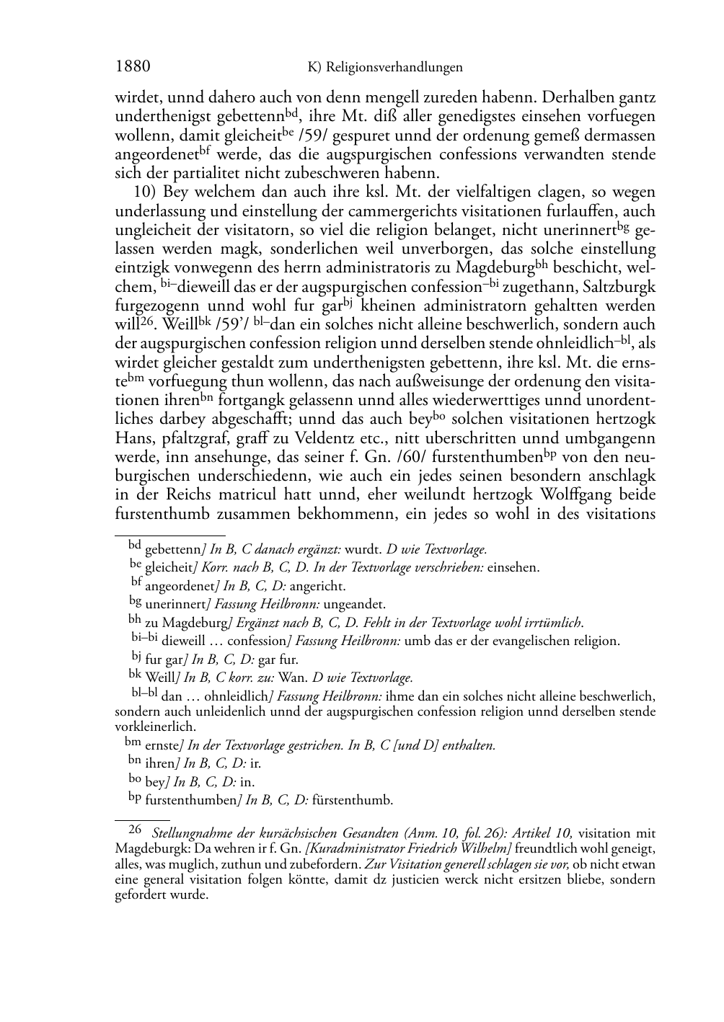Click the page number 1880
pyautogui.click(x=133, y=67)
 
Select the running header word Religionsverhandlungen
pyautogui.click(x=394, y=68)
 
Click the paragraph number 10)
pyautogui.click(x=145, y=192)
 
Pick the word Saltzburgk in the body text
pyautogui.click(x=619, y=287)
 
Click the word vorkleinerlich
pyautogui.click(x=155, y=726)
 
